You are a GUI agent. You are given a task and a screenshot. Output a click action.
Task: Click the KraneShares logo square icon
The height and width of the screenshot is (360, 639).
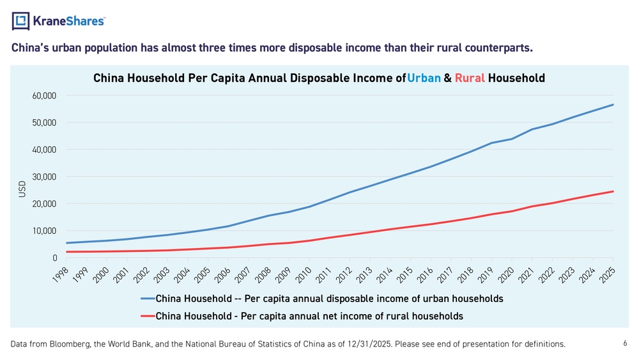(21, 21)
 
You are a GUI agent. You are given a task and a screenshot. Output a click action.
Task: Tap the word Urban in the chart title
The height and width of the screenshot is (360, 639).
(424, 78)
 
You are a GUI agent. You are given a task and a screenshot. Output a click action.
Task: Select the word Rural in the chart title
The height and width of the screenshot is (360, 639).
(470, 78)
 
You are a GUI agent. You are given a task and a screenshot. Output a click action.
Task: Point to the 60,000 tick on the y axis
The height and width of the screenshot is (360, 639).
(44, 96)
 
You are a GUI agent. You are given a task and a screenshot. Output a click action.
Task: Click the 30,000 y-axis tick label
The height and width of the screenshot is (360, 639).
(44, 177)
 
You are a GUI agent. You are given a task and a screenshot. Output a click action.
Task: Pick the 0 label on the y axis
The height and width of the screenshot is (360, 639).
(54, 258)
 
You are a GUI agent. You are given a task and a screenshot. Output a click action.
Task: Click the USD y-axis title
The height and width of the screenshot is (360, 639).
(22, 189)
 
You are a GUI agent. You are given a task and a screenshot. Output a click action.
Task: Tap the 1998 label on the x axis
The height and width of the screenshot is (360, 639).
(61, 275)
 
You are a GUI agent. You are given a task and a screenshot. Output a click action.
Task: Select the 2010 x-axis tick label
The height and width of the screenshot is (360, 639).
(303, 275)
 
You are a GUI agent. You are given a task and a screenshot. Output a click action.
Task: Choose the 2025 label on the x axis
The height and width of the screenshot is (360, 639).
(607, 275)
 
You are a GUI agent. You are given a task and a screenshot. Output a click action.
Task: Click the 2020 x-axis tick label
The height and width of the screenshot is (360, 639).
(505, 275)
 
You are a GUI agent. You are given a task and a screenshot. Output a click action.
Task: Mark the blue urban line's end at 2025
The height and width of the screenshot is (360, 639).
(613, 105)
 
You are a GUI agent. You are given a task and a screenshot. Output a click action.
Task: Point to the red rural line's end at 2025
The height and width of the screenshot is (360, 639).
(613, 191)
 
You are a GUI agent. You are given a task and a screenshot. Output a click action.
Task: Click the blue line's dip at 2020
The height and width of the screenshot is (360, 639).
(512, 139)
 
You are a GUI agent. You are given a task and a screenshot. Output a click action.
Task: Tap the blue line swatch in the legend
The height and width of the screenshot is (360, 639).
(148, 299)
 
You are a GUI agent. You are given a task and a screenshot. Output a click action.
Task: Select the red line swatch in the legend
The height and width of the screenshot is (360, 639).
(148, 317)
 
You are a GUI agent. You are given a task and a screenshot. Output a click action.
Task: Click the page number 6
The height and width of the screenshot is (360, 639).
(625, 343)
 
